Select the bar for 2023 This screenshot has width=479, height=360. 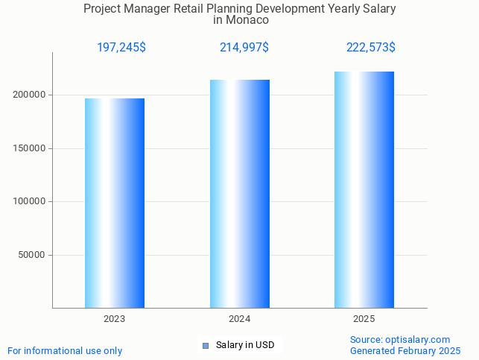(x=115, y=203)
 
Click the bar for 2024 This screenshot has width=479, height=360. (x=240, y=194)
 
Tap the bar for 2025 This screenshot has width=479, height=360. (x=364, y=189)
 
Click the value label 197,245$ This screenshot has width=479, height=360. (x=121, y=48)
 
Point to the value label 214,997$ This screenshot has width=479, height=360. (x=244, y=48)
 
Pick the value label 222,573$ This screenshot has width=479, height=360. (x=371, y=48)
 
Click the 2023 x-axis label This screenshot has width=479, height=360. (x=115, y=319)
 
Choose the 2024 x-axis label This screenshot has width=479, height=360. (x=239, y=319)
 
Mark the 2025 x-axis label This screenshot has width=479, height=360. (x=364, y=319)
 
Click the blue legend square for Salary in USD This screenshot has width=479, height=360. (x=206, y=345)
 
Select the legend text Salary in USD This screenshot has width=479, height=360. (x=245, y=345)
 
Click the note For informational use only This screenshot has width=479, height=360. (x=65, y=350)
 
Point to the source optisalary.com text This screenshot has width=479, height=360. (x=400, y=339)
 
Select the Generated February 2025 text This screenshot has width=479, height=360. (x=405, y=350)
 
